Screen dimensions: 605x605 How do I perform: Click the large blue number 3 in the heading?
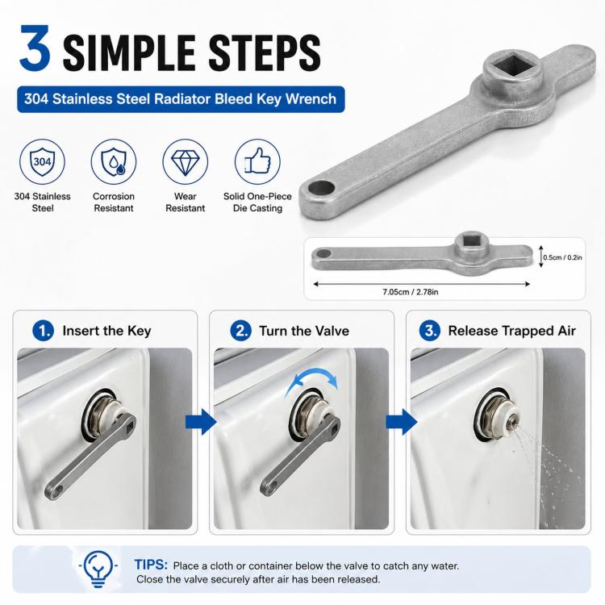tap(35, 48)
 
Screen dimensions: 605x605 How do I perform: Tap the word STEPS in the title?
tap(265, 53)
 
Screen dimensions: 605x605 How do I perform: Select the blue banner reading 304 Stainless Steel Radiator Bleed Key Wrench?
tap(181, 99)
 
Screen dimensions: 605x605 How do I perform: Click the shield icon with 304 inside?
tap(43, 161)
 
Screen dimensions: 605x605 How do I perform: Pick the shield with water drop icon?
tap(114, 161)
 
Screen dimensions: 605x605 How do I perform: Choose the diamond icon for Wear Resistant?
tap(186, 161)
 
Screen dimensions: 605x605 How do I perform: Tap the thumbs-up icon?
tap(257, 161)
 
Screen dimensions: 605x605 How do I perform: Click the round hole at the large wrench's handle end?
tap(321, 188)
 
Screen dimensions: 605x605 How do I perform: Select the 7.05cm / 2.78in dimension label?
tap(410, 292)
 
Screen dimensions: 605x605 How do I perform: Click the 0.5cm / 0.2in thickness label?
tap(562, 257)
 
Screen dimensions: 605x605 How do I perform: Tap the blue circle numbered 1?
tap(43, 331)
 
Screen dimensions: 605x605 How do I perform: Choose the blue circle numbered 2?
tap(240, 331)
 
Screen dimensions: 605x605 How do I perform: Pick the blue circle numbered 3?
tap(430, 331)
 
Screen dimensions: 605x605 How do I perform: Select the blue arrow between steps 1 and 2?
tap(201, 422)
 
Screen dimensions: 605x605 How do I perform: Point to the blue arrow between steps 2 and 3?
tap(401, 422)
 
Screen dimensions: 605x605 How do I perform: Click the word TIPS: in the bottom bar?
tap(151, 565)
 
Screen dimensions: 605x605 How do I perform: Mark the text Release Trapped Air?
tap(511, 331)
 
